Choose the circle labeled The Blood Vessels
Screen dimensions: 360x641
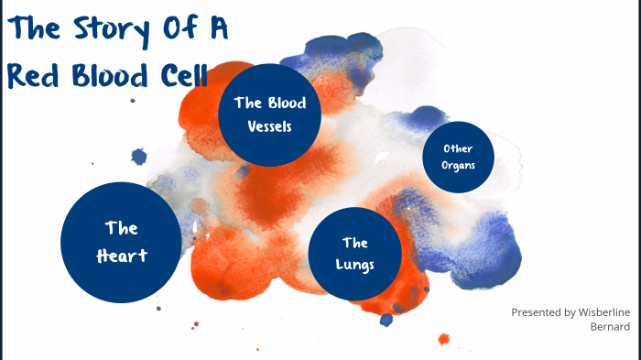pyautogui.click(x=269, y=115)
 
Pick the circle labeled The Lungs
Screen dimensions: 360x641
pyautogui.click(x=355, y=254)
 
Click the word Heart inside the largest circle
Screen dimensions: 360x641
pyautogui.click(x=122, y=256)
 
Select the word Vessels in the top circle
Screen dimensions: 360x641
pyautogui.click(x=269, y=126)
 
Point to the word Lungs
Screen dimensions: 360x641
pyautogui.click(x=355, y=266)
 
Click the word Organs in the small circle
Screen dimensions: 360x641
pyautogui.click(x=458, y=167)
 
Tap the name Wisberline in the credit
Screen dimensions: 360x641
pyautogui.click(x=596, y=312)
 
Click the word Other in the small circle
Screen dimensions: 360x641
pyautogui.click(x=458, y=148)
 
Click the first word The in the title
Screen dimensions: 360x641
pyautogui.click(x=30, y=30)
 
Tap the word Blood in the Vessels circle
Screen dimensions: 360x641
pyautogui.click(x=286, y=103)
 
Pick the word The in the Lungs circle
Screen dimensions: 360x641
pyautogui.click(x=355, y=243)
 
